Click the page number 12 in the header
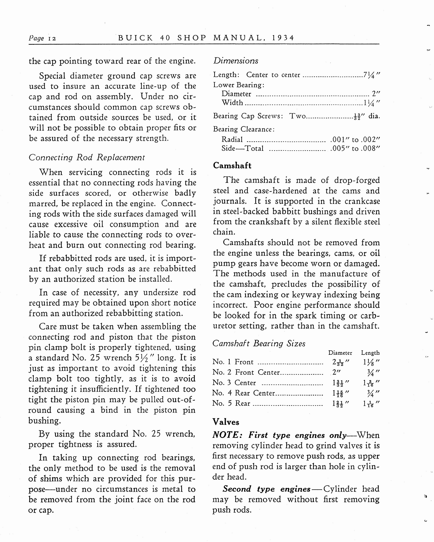52,38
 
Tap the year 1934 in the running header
283,38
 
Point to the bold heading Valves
226,422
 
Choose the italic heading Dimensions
236,61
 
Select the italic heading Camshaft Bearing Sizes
259,343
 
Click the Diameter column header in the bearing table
340,353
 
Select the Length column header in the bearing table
370,353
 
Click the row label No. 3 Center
234,383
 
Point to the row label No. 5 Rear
231,403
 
